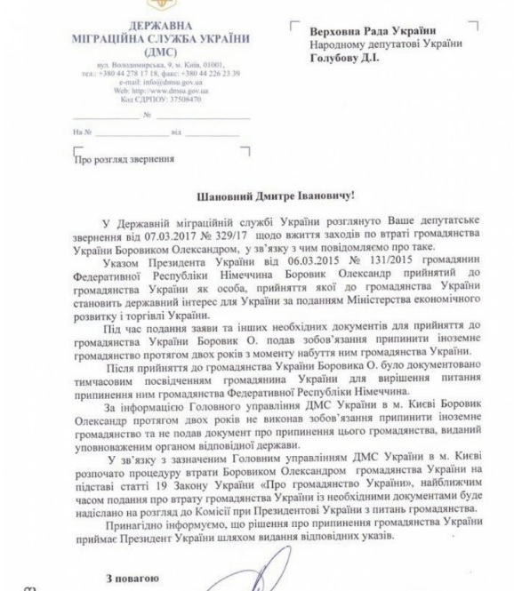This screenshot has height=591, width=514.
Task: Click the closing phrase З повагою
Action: click(133, 577)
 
